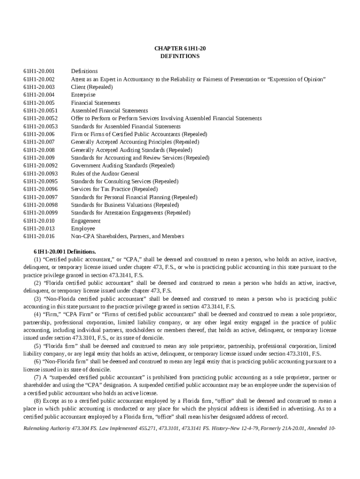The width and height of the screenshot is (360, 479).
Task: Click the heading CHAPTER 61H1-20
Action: (180, 48)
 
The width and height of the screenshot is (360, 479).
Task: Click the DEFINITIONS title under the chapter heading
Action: (180, 56)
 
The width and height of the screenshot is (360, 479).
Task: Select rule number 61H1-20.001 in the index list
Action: (39, 71)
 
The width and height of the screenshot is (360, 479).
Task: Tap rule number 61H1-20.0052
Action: (40, 118)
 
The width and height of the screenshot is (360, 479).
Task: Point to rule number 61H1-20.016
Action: (39, 236)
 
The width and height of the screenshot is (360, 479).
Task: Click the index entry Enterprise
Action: (83, 95)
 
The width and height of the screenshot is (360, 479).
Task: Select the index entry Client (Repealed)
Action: (92, 87)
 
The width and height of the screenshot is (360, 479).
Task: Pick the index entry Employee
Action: (83, 228)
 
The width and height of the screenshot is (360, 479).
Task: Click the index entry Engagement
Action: (86, 220)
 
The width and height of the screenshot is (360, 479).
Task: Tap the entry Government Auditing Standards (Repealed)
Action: (122, 166)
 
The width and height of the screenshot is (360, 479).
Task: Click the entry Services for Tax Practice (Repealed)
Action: (114, 189)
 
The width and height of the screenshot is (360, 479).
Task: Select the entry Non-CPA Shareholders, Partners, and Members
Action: (127, 236)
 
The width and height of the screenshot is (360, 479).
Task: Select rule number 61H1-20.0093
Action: (40, 174)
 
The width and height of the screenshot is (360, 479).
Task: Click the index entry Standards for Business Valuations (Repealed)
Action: (124, 205)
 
